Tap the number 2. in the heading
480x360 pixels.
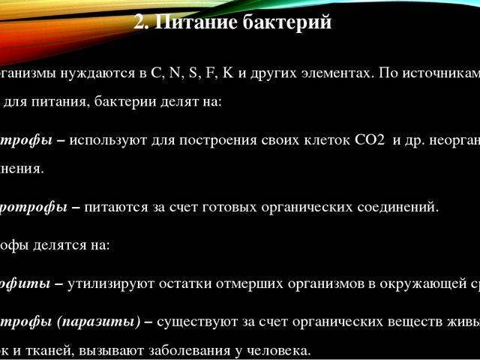(142, 22)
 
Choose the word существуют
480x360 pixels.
(192, 322)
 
